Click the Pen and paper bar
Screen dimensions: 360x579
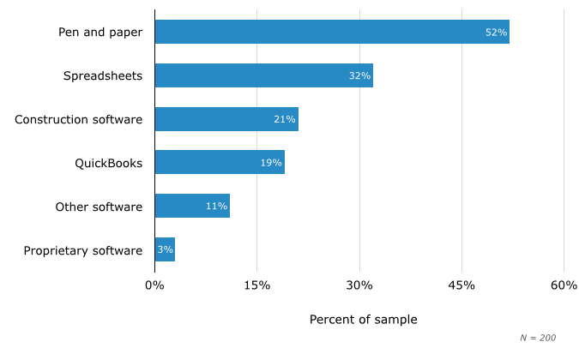point(332,32)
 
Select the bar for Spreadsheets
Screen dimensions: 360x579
point(263,75)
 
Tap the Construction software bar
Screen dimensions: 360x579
point(226,119)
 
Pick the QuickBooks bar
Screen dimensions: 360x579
point(220,163)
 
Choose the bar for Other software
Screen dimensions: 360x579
point(192,207)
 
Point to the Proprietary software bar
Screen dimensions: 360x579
point(165,250)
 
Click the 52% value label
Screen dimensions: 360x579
point(496,33)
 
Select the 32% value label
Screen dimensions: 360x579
point(359,76)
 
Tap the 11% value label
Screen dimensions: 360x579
point(216,207)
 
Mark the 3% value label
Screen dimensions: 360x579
point(165,250)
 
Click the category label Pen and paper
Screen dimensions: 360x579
point(100,33)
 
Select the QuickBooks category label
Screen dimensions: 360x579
point(108,163)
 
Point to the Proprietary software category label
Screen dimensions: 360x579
point(82,250)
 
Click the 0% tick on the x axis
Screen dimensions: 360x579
point(154,285)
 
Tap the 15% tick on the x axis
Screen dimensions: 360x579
point(257,285)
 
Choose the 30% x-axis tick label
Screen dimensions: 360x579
point(359,285)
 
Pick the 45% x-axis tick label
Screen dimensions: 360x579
point(461,285)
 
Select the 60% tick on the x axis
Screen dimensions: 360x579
point(564,285)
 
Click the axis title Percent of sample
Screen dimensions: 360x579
point(363,320)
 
